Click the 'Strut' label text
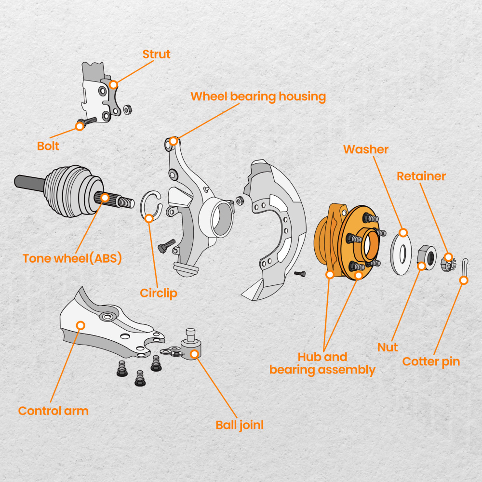click(157, 54)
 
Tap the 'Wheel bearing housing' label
click(258, 96)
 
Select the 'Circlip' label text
click(159, 293)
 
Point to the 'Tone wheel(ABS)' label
click(72, 258)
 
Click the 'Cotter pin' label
click(431, 361)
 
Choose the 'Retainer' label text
click(421, 176)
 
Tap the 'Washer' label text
click(366, 149)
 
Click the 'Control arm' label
click(54, 411)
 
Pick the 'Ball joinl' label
click(240, 425)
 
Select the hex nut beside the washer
click(426, 257)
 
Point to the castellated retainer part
click(448, 263)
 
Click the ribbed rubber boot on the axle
click(73, 190)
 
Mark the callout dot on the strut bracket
click(113, 85)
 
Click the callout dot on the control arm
click(80, 325)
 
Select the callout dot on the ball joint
click(195, 354)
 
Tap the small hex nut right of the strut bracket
click(127, 110)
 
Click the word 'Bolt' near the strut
click(48, 146)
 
